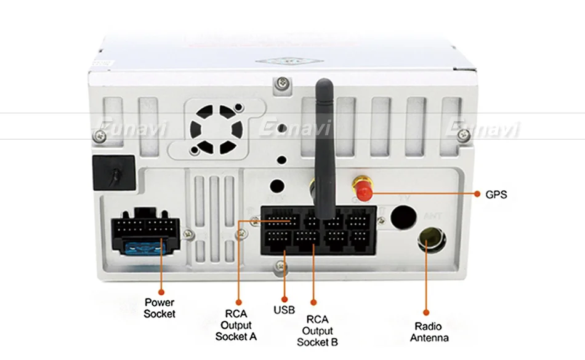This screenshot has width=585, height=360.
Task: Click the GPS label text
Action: pyautogui.click(x=496, y=194)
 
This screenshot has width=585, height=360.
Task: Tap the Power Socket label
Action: pyautogui.click(x=159, y=308)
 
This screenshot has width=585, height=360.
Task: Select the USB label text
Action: pyautogui.click(x=284, y=309)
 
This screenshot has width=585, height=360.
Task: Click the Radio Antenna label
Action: pyautogui.click(x=429, y=332)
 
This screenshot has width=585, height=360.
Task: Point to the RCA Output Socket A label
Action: pyautogui.click(x=236, y=326)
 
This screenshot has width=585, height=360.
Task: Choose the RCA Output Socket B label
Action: pyautogui.click(x=317, y=330)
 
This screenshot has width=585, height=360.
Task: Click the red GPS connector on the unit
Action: pyautogui.click(x=363, y=188)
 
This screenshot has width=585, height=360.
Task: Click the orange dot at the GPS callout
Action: pyautogui.click(x=477, y=194)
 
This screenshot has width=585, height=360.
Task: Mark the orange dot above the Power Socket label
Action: pyautogui.click(x=159, y=293)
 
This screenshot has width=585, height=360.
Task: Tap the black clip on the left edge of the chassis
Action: pyautogui.click(x=112, y=172)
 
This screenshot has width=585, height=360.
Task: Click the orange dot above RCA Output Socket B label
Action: pyautogui.click(x=312, y=302)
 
